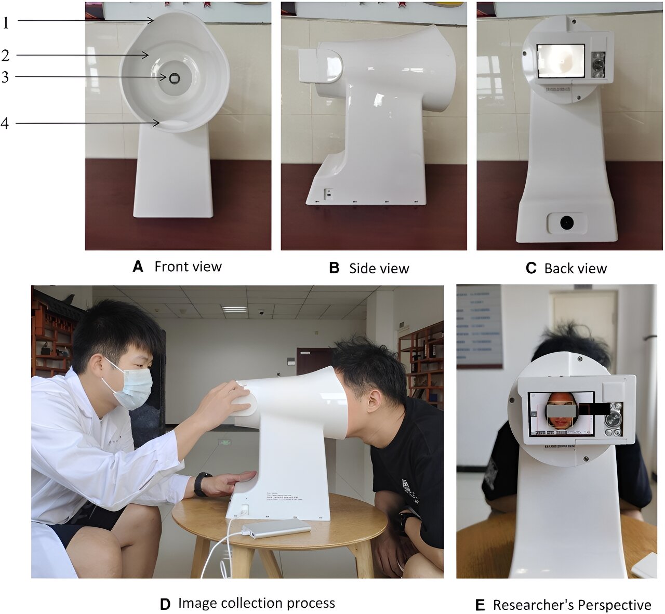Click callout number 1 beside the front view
6,22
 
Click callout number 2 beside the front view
5,56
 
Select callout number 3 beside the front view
5,77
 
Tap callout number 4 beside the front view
5,123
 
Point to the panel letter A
138,267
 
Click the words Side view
379,269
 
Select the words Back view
575,269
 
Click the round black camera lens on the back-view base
566,222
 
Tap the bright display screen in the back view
561,60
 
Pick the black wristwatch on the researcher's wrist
202,484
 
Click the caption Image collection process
256,603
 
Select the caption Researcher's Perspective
571,605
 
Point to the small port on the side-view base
328,193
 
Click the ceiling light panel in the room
234,309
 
